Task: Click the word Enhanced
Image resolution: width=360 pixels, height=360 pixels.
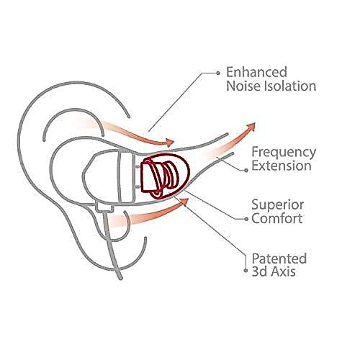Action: (256, 72)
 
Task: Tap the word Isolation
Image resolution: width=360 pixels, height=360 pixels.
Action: (290, 86)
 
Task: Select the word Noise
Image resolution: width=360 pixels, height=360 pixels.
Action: (243, 86)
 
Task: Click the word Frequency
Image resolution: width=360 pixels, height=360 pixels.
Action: (284, 153)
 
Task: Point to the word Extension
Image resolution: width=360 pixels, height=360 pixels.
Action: (282, 166)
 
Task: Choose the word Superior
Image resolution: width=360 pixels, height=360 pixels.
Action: (278, 205)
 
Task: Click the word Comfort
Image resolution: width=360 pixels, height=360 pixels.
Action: (277, 218)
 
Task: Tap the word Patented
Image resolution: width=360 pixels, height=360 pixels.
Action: (279, 258)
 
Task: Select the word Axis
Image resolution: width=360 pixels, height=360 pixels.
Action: (283, 271)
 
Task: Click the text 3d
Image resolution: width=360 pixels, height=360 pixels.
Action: (260, 271)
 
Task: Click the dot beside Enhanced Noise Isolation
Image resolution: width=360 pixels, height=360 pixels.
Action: (218, 73)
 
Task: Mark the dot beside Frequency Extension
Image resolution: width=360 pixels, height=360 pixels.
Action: (246, 170)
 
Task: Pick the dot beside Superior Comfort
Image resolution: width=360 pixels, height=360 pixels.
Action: (246, 219)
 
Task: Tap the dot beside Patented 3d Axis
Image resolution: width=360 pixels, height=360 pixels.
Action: (246, 271)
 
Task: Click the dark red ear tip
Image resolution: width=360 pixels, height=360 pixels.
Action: (166, 176)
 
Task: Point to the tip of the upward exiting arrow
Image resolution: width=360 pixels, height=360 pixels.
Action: (255, 123)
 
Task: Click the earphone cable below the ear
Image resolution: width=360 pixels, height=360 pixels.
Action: (112, 246)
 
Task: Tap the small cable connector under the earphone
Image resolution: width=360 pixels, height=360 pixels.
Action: (104, 207)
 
